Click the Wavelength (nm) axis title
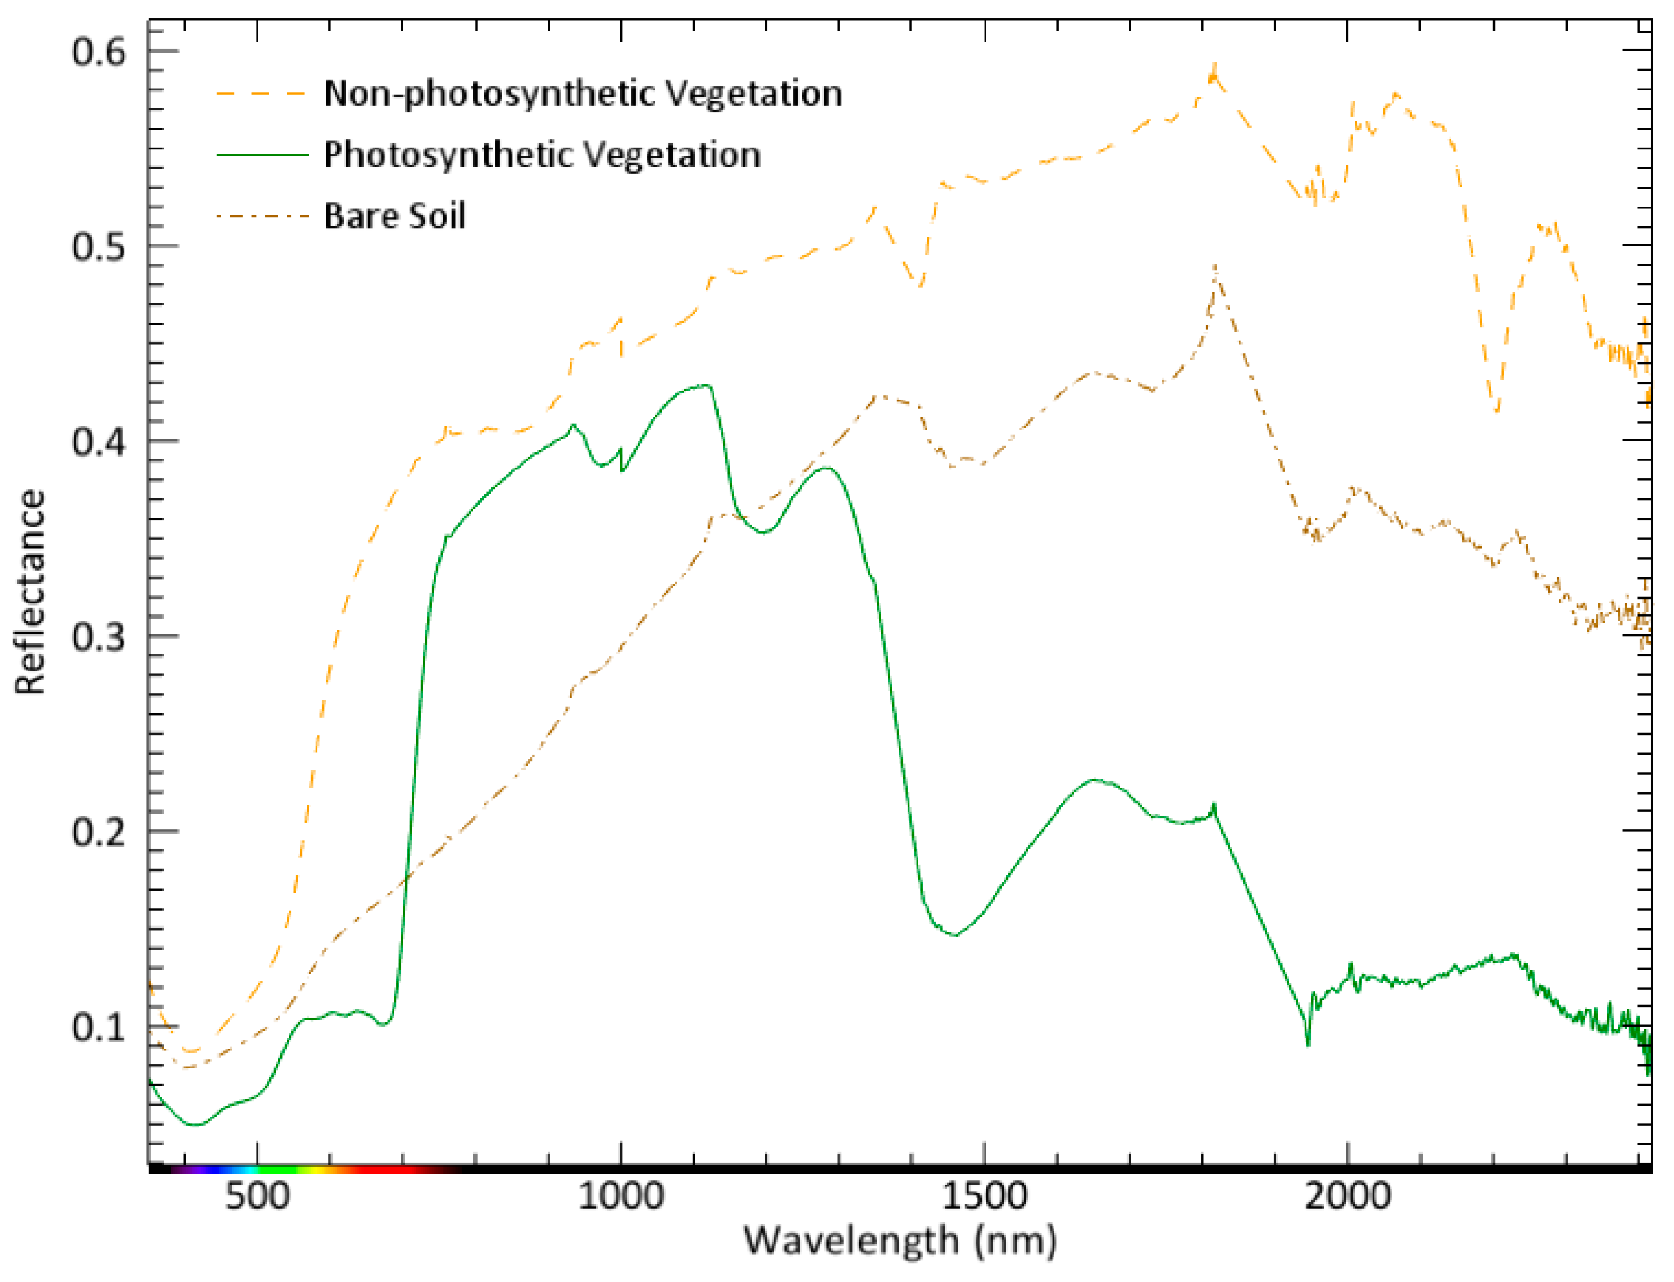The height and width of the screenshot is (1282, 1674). [x=900, y=1241]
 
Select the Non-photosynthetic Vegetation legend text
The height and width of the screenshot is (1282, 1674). [x=583, y=93]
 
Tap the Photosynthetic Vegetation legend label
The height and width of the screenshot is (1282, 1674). [x=542, y=155]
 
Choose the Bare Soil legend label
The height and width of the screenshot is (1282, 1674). [x=394, y=216]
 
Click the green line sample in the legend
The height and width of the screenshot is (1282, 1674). [x=262, y=155]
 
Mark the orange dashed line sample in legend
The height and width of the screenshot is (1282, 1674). [x=262, y=94]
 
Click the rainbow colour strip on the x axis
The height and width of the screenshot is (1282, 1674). [x=305, y=1168]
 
